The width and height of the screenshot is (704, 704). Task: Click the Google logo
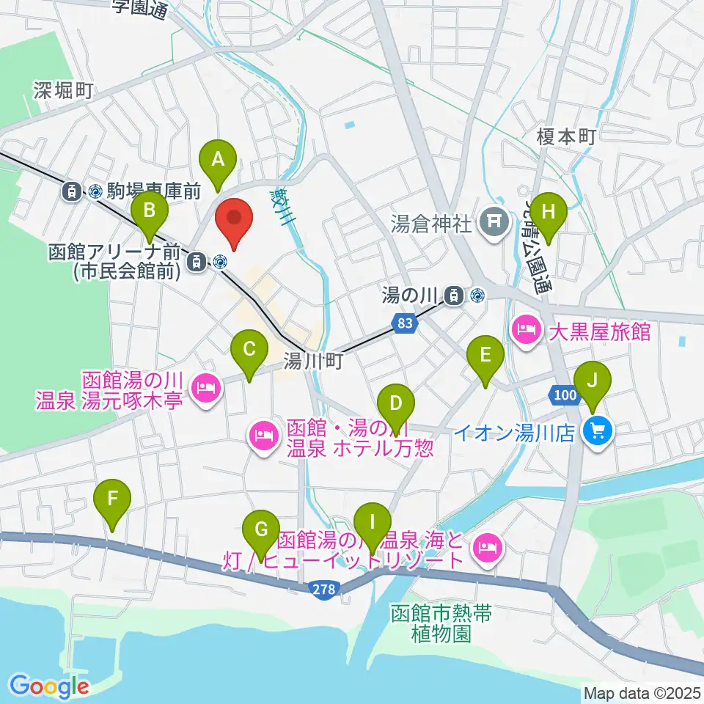50,686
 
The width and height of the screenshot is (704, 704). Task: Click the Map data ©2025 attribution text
642,693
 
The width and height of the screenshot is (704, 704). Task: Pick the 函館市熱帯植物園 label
440,623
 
